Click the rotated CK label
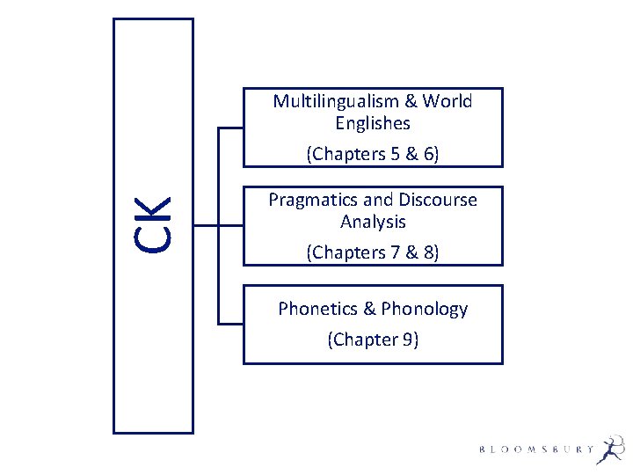tap(154, 225)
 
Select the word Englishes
tap(373, 123)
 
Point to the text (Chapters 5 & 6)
tap(373, 154)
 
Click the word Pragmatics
tap(311, 200)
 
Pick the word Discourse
tap(437, 200)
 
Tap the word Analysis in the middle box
tap(373, 222)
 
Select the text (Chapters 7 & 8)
tap(373, 252)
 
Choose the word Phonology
tap(425, 309)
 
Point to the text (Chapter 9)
tap(373, 339)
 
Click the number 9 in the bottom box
tap(407, 339)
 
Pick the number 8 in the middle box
tap(428, 252)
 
